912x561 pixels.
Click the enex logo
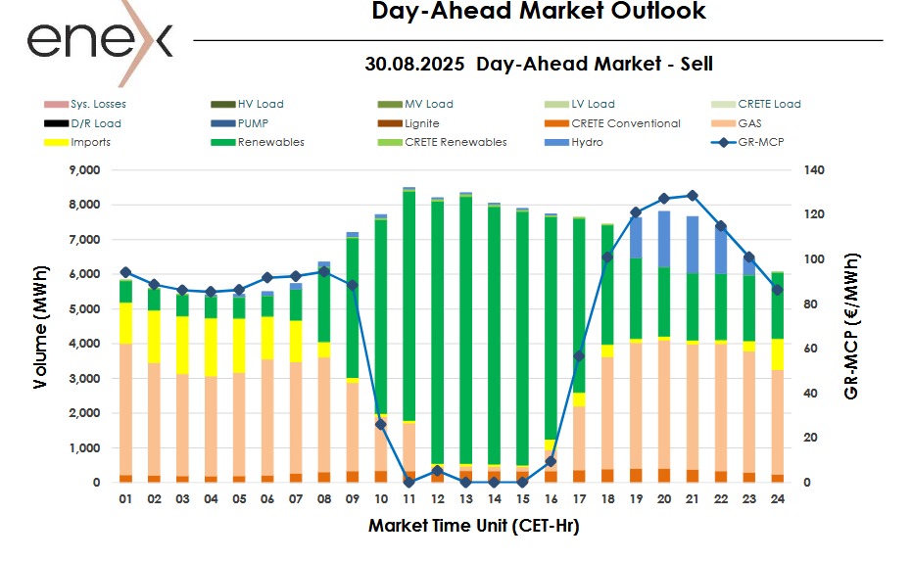[99, 41]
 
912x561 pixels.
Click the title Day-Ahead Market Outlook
[539, 12]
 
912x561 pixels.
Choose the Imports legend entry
[90, 142]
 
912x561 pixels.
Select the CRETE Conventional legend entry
[625, 123]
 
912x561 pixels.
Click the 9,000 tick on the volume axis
[83, 170]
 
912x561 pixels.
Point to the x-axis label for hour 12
[437, 499]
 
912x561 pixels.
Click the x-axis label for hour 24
[776, 499]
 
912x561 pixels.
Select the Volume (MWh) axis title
[40, 326]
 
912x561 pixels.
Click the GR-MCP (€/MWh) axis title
[851, 326]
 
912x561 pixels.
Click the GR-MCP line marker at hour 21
[692, 196]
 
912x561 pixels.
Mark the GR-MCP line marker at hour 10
[380, 424]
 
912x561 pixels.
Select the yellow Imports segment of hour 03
[182, 345]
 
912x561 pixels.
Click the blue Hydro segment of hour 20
[663, 239]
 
